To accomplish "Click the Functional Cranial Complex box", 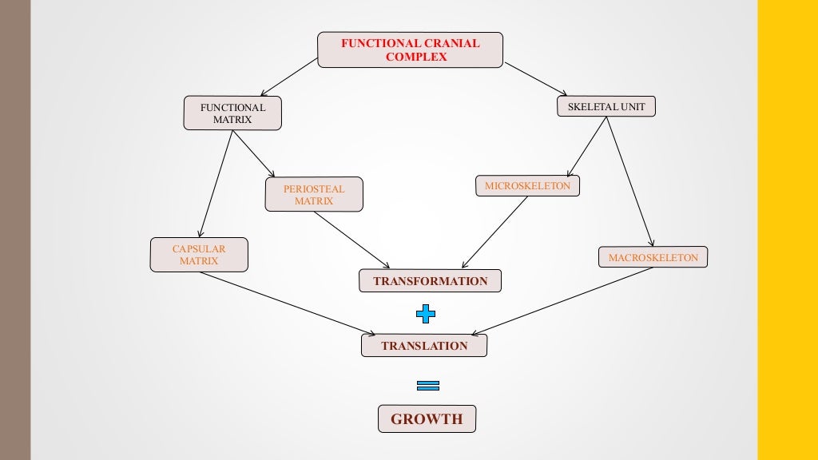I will (410, 50).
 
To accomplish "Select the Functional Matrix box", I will (232, 113).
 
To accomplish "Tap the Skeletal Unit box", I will (606, 107).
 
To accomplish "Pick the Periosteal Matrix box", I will (314, 195).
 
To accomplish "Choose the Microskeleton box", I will (527, 186).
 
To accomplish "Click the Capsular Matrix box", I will (199, 255).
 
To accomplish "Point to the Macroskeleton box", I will (653, 257).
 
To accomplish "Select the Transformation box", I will (430, 281).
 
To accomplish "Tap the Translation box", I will (424, 346).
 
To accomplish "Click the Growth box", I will (427, 419).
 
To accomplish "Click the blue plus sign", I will (426, 314).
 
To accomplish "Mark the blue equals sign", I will (428, 385).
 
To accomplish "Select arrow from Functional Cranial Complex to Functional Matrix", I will (288, 77).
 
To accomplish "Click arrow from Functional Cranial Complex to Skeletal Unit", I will (535, 79).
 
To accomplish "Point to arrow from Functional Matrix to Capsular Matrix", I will (215, 184).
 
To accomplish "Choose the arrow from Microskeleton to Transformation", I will (495, 232).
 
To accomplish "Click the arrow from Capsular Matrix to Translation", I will (288, 303).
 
